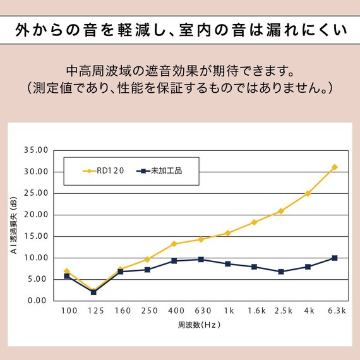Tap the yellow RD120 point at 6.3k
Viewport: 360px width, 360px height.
(334, 167)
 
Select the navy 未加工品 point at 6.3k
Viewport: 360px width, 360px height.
(334, 258)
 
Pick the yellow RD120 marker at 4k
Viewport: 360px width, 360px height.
(308, 193)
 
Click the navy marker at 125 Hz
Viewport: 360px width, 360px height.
(93, 292)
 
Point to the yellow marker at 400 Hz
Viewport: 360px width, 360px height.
(174, 244)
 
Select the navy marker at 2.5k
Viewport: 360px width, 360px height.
(280, 272)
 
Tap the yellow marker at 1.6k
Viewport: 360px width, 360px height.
(254, 222)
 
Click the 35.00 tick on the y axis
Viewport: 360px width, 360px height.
(35, 150)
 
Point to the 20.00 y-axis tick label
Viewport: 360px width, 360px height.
(35, 215)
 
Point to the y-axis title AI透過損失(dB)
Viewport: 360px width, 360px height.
(14, 225)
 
